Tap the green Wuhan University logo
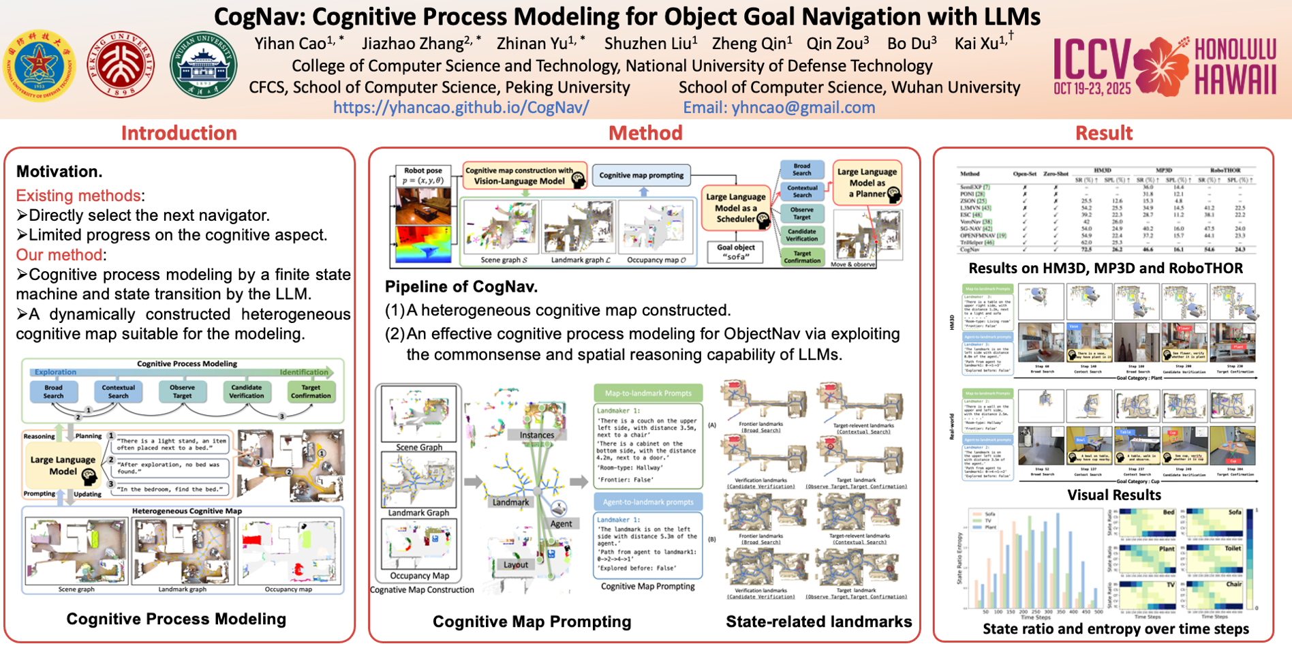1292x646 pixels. [203, 65]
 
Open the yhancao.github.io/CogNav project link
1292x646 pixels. [461, 108]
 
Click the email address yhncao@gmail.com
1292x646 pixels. [779, 108]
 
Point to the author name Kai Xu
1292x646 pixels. [979, 44]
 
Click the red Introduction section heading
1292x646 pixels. [179, 133]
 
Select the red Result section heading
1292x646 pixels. [1103, 133]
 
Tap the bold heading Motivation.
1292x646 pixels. [59, 172]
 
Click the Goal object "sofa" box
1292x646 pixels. [735, 252]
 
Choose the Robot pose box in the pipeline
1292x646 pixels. [422, 175]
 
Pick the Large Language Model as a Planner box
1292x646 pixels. [867, 183]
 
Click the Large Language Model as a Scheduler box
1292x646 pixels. [736, 208]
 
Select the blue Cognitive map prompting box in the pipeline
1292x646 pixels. [641, 175]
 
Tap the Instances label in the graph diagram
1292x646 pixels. [537, 435]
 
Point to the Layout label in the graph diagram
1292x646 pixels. [516, 565]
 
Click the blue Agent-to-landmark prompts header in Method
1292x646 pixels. [648, 502]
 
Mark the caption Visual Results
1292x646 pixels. [1113, 495]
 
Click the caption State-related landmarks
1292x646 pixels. [818, 621]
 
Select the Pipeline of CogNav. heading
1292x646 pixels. [461, 287]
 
